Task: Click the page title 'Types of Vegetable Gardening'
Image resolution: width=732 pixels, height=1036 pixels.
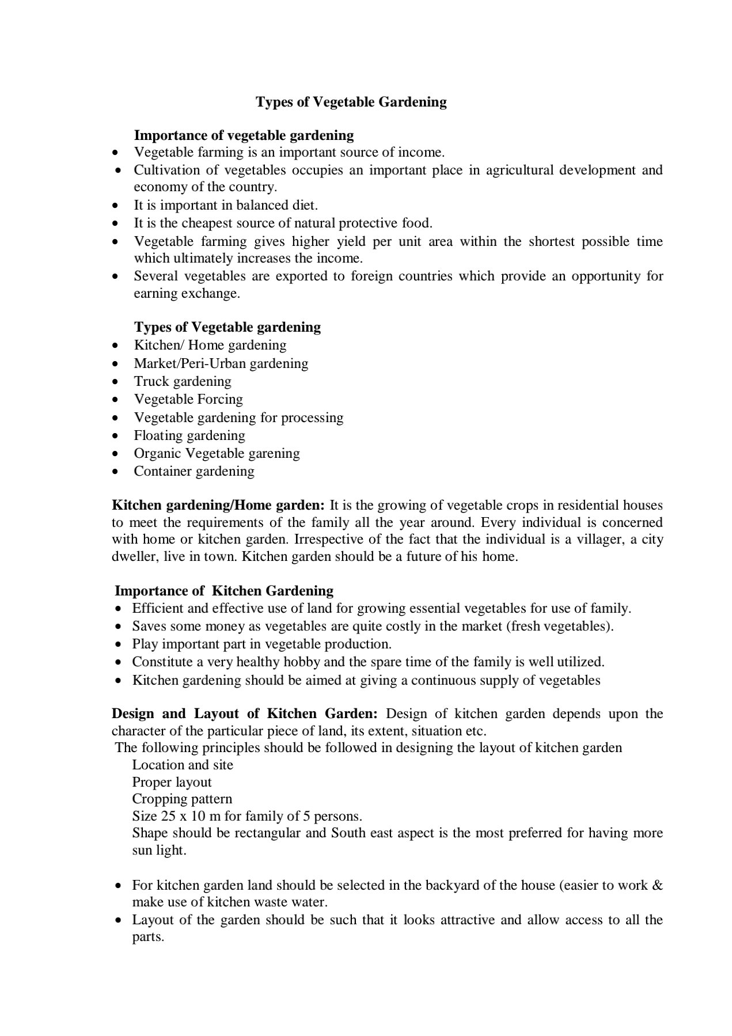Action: pos(351,102)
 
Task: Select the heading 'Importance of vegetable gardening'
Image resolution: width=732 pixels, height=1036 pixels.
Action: pos(244,135)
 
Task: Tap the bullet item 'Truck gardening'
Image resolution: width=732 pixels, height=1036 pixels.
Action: pos(183,381)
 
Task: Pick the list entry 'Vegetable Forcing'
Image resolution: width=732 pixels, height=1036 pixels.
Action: pos(188,399)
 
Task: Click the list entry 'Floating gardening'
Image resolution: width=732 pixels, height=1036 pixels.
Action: pos(189,435)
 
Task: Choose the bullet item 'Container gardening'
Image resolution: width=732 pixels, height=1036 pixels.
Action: pos(194,471)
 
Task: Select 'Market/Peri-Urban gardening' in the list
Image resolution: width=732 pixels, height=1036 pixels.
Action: pos(221,363)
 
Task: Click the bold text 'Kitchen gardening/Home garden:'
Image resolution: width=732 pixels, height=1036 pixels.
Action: pos(218,505)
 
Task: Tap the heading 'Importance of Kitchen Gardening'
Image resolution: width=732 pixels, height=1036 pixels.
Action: pos(224,591)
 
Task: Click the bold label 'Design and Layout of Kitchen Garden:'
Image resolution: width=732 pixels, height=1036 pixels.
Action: pos(245,714)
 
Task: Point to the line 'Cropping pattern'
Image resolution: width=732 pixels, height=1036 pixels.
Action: pos(182,799)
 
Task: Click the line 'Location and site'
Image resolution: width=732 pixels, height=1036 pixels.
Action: pos(183,765)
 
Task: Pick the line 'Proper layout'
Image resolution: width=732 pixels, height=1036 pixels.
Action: pos(172,782)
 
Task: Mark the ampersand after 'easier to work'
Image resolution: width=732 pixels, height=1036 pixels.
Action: pos(657,885)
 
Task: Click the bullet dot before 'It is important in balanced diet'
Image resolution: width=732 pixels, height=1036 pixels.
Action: pos(116,206)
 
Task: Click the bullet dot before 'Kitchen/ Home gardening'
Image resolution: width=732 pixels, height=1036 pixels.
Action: pos(116,346)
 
